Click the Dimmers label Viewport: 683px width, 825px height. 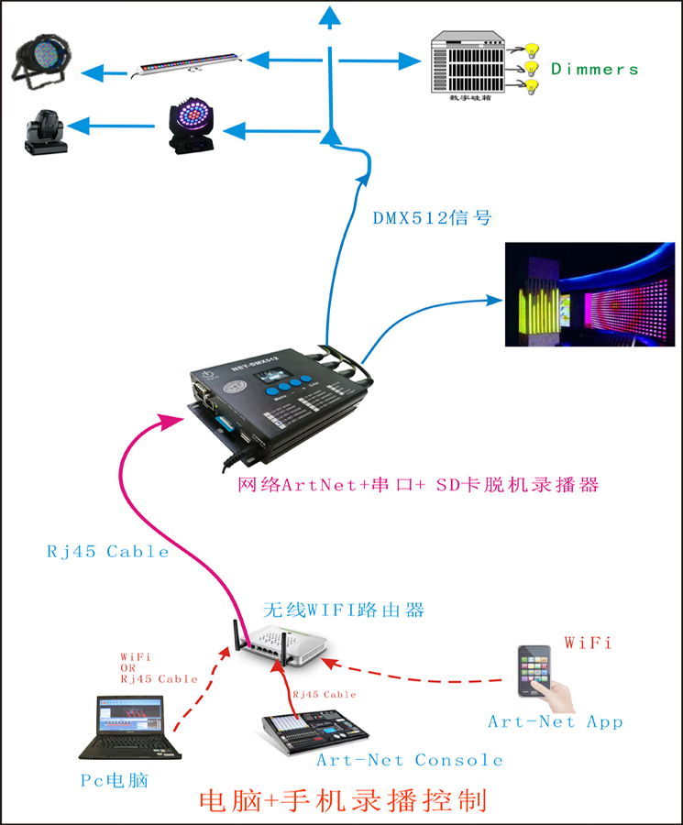click(x=594, y=70)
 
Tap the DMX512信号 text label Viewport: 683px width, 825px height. click(x=432, y=218)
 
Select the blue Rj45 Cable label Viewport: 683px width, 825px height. click(x=108, y=552)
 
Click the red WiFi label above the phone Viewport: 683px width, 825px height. click(x=588, y=643)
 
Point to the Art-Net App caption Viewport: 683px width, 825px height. click(x=555, y=722)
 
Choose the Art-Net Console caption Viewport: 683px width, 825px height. click(x=409, y=760)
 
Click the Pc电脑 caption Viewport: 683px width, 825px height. click(x=113, y=780)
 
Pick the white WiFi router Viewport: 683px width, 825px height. click(x=283, y=645)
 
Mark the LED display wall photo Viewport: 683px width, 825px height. click(x=583, y=295)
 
